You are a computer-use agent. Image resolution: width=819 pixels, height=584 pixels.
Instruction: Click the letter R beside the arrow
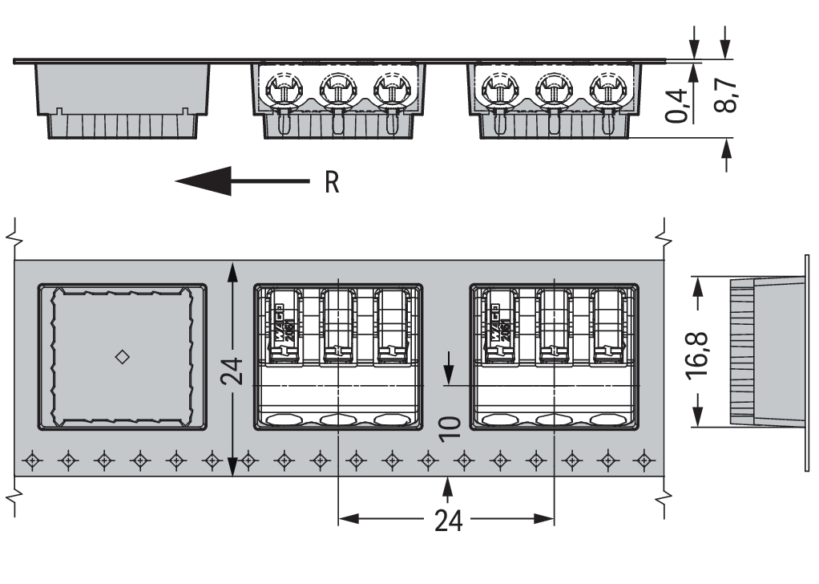click(x=332, y=183)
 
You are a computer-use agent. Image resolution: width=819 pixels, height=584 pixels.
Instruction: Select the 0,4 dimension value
click(x=679, y=104)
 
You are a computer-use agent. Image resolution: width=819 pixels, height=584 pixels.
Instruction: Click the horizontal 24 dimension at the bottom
click(x=448, y=521)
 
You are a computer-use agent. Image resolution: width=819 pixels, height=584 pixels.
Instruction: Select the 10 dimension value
click(x=448, y=428)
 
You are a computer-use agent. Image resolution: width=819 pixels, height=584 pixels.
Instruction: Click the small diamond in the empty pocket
click(x=122, y=356)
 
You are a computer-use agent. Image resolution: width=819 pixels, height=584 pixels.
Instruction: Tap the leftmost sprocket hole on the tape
click(x=32, y=460)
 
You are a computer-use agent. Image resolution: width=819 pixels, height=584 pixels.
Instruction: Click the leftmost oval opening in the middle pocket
click(x=283, y=419)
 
